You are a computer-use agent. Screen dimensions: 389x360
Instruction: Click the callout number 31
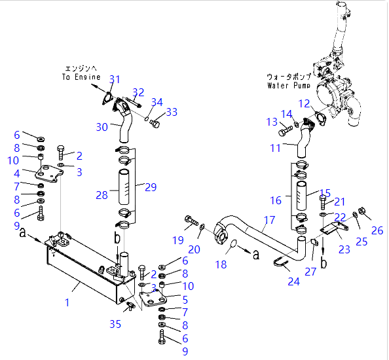115,79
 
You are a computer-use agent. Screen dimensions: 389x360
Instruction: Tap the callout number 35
115,324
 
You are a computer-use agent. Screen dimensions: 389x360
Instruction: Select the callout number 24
294,281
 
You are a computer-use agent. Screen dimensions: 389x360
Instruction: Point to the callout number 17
269,220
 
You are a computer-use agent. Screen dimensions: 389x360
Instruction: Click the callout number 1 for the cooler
67,302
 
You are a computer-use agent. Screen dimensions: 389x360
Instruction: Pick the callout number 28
102,195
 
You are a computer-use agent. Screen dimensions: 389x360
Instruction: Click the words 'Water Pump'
289,85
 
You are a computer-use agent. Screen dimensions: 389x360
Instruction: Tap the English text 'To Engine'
81,77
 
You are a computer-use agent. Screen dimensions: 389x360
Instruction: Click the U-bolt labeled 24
282,263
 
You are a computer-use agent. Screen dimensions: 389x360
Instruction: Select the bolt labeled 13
286,130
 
